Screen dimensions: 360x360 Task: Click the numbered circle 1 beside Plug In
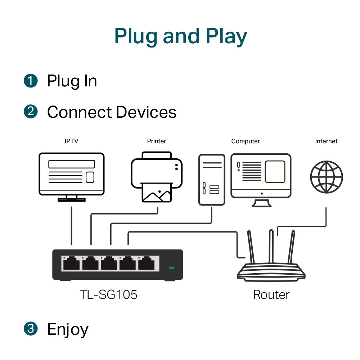[x=31, y=80]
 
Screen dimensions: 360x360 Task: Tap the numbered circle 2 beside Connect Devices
[x=31, y=112]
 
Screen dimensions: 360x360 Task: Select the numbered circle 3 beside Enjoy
[x=31, y=329]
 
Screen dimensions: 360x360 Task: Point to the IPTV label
[x=71, y=141]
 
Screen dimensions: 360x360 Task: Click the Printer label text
[x=157, y=141]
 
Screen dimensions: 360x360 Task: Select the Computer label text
[x=246, y=141]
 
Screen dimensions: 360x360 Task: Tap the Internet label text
[x=326, y=141]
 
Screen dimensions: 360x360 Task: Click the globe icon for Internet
[x=326, y=177]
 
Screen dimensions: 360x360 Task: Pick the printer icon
[x=157, y=176]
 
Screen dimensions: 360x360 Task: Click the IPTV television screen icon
[x=71, y=175]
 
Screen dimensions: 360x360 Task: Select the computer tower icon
[x=212, y=179]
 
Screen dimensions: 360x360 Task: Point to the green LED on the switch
[x=171, y=268]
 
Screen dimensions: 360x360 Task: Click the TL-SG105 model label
[x=108, y=295]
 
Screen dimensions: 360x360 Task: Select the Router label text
[x=271, y=295]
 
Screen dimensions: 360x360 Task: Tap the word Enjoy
[x=68, y=329]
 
